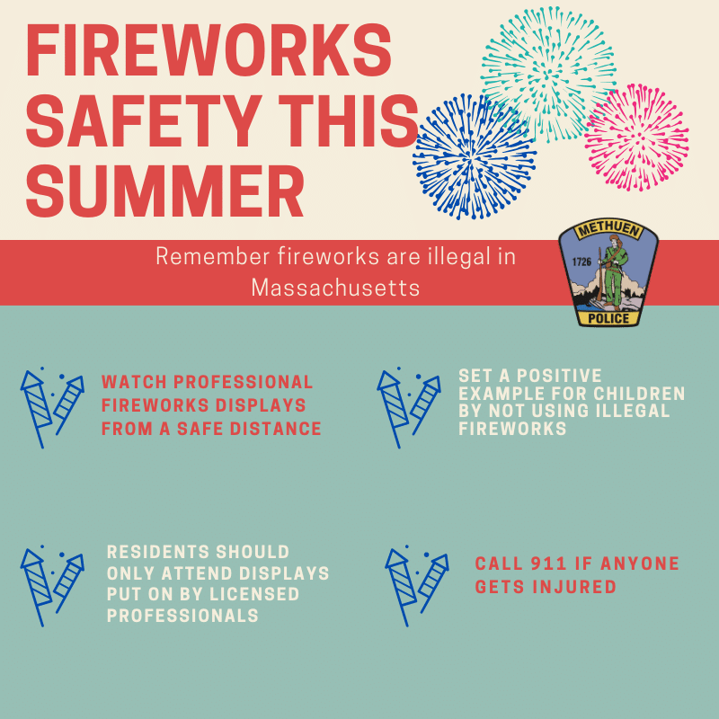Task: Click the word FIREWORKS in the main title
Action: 209,50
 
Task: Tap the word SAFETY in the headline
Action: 145,121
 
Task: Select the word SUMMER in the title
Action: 165,191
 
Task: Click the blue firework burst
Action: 475,156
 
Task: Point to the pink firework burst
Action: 636,138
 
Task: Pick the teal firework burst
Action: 548,74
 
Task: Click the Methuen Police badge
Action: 608,272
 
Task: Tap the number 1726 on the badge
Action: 581,262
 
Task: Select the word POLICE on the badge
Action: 608,318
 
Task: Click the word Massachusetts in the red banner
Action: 335,288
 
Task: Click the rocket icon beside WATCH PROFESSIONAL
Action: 52,408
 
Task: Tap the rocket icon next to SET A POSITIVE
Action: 409,408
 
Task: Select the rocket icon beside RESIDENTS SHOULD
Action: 52,586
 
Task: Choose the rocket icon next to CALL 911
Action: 417,586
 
